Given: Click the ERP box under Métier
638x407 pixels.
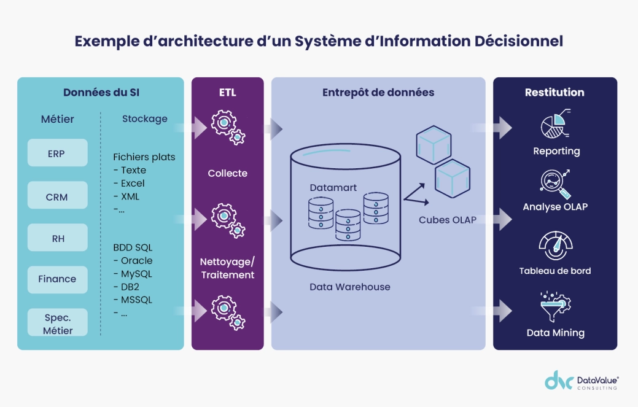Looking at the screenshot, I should click(57, 153).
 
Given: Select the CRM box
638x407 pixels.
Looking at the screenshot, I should click(57, 197).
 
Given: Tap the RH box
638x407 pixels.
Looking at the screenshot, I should click(57, 239).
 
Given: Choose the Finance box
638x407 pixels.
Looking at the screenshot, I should click(57, 279).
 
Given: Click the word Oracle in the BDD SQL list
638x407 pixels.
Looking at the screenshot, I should click(136, 261).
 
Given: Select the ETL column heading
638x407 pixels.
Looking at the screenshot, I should click(227, 93).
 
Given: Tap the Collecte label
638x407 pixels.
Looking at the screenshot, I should click(227, 173).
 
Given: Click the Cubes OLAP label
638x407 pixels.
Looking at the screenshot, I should click(448, 220).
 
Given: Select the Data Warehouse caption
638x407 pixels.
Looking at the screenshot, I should click(349, 287).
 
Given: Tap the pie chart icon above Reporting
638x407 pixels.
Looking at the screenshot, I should click(555, 124).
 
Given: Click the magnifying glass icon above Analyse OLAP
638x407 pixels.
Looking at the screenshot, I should click(555, 183).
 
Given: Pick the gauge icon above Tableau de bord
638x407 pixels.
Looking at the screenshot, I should click(555, 246).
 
